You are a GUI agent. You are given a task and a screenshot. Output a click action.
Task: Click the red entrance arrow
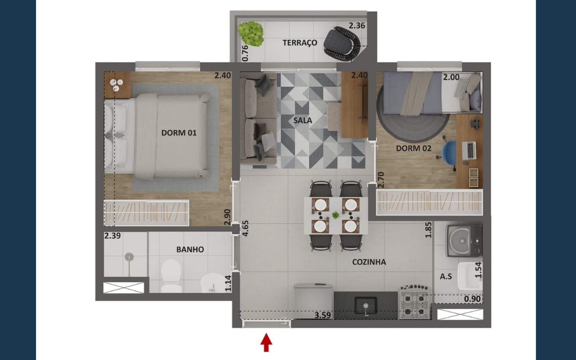[x=266, y=342]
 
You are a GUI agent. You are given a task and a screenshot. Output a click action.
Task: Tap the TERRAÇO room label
[x=300, y=43]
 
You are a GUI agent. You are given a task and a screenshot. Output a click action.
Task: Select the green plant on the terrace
[x=251, y=34]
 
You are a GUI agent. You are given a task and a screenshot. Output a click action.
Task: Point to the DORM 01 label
[x=179, y=133]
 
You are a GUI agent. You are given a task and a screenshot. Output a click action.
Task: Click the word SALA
[x=303, y=120]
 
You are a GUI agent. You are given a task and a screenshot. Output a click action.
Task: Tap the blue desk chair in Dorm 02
[x=449, y=152]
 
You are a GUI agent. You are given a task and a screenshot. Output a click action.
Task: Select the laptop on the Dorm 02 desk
[x=469, y=150]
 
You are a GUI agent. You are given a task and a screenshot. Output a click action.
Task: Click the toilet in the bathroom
[x=171, y=275]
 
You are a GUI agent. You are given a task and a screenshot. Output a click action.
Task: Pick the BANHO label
[x=190, y=250]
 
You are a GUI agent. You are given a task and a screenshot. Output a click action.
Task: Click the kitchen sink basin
[x=366, y=306]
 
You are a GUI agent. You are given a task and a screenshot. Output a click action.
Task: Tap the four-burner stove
[x=414, y=302]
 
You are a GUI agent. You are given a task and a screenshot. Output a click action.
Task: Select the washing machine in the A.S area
[x=464, y=241]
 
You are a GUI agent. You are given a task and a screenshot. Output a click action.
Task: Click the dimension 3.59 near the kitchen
[x=322, y=315]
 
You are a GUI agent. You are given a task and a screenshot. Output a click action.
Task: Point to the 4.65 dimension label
[x=245, y=228]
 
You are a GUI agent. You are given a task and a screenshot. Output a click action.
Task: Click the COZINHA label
[x=369, y=262]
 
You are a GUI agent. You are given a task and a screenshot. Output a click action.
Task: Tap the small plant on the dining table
[x=335, y=215]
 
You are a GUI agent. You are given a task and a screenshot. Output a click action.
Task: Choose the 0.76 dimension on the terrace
[x=245, y=53]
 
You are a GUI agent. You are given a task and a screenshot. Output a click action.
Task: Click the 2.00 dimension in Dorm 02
[x=451, y=77]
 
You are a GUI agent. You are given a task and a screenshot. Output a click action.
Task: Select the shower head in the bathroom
[x=129, y=257]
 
